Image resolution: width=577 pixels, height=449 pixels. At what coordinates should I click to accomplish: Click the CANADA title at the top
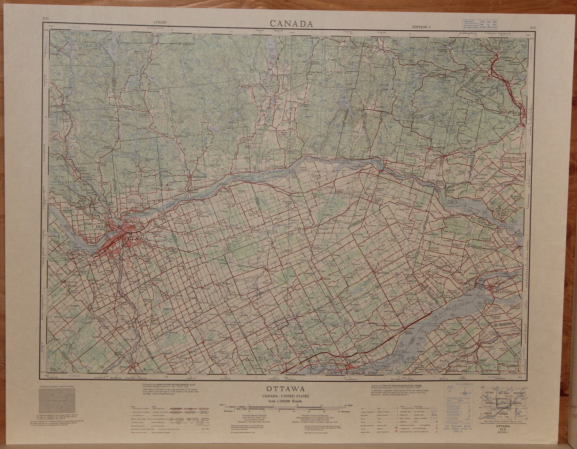[x=291, y=24]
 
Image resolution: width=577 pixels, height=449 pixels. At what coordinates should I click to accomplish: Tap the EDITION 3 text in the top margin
[x=421, y=27]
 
